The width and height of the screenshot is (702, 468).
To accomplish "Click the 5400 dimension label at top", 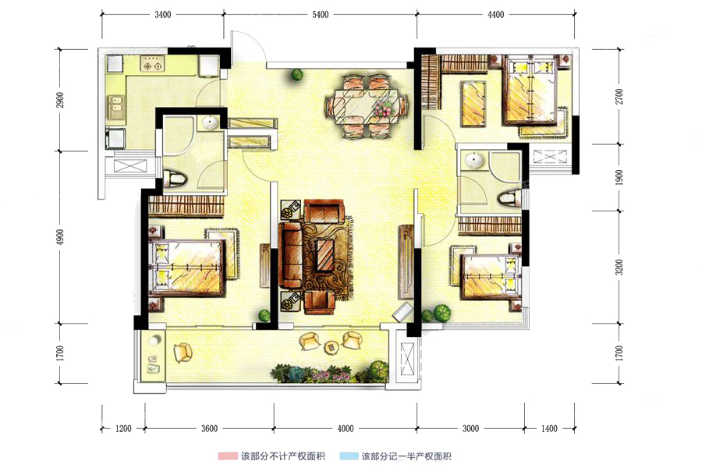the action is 320,14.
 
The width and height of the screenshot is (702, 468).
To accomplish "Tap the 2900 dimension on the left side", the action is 60,99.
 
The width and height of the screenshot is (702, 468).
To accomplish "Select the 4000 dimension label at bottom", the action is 346,428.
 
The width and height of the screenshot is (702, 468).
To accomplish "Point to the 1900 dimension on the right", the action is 619,177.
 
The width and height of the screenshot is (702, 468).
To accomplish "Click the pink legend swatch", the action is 227,456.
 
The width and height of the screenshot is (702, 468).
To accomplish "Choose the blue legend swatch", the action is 349,456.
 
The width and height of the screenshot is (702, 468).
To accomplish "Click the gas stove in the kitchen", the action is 152,64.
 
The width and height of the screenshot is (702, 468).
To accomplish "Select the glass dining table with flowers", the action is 367,106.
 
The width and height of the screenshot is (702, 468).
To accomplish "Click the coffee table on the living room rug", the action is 325,256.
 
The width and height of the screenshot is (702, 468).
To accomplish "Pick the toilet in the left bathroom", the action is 174,179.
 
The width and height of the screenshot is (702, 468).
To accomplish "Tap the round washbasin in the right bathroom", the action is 473,160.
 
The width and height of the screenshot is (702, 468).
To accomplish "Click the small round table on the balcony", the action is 331,346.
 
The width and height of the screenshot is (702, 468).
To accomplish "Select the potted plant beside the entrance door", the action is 296,74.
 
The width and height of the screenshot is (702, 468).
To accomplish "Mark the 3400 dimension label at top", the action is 162,14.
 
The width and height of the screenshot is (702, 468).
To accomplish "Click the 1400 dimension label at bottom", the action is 549,428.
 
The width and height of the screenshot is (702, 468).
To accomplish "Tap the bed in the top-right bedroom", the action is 530,90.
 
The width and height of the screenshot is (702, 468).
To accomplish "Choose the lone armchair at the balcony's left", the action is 183,353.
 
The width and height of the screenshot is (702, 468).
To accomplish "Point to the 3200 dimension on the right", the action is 619,267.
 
